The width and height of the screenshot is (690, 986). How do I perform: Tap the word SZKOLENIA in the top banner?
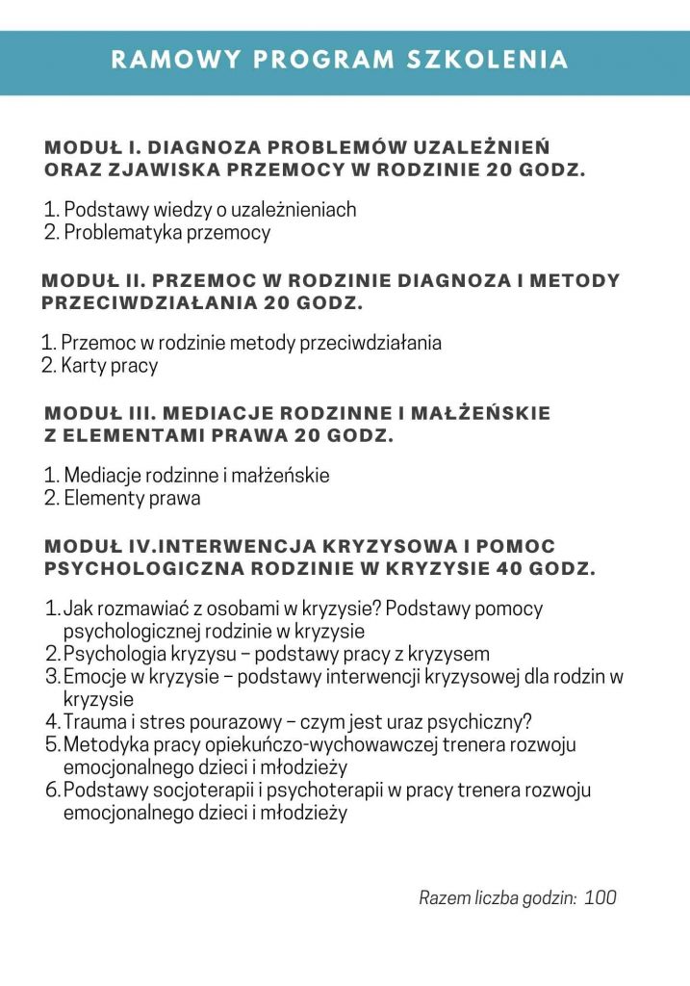pyautogui.click(x=489, y=60)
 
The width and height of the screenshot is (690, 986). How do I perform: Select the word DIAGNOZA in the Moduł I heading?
pyautogui.click(x=199, y=148)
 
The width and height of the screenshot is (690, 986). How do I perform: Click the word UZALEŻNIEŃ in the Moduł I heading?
pyautogui.click(x=481, y=148)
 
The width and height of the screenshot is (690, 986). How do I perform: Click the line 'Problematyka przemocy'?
pyautogui.click(x=166, y=232)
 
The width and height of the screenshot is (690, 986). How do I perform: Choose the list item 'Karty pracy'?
pyautogui.click(x=109, y=366)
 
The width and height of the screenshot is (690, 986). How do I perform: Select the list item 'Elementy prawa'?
pyautogui.click(x=132, y=499)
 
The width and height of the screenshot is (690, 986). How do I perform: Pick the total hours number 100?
pyautogui.click(x=600, y=898)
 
